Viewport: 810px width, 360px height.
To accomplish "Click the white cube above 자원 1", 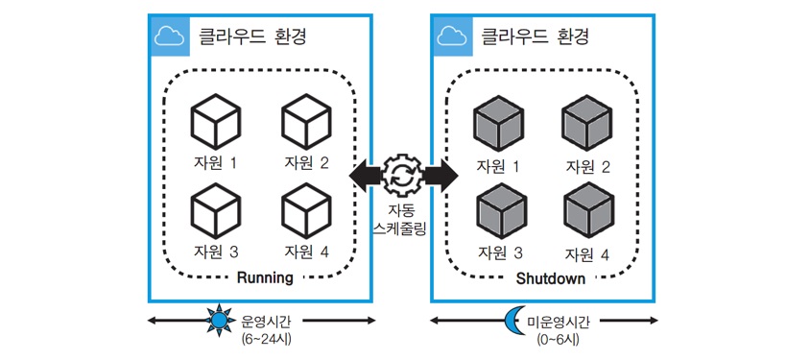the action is click(x=215, y=122).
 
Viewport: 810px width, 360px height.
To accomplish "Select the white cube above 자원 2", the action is click(x=306, y=122).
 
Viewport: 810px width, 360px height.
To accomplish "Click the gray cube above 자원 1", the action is click(x=498, y=124).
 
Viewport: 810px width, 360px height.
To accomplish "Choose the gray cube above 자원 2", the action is click(x=587, y=124).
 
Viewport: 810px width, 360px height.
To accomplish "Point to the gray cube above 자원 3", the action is click(x=501, y=212).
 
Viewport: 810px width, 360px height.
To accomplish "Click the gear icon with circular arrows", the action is click(x=403, y=175).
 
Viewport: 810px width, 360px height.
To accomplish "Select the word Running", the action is click(x=265, y=277).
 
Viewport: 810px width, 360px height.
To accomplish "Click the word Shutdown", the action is click(x=551, y=279).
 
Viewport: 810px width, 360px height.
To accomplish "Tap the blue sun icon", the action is click(x=220, y=322).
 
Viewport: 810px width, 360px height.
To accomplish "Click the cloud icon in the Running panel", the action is click(x=170, y=36).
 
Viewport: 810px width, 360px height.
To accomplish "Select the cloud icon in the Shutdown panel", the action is click(x=452, y=36).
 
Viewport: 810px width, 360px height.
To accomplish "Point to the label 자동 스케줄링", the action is click(x=400, y=220).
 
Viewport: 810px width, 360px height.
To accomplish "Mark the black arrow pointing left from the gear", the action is click(x=367, y=175).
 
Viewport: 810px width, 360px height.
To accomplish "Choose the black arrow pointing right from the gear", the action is click(x=441, y=175).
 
